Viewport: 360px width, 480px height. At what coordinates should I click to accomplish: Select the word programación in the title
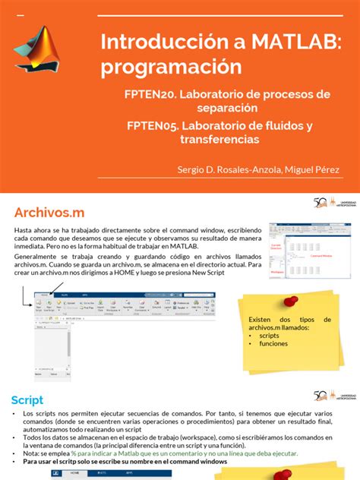coord(171,66)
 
